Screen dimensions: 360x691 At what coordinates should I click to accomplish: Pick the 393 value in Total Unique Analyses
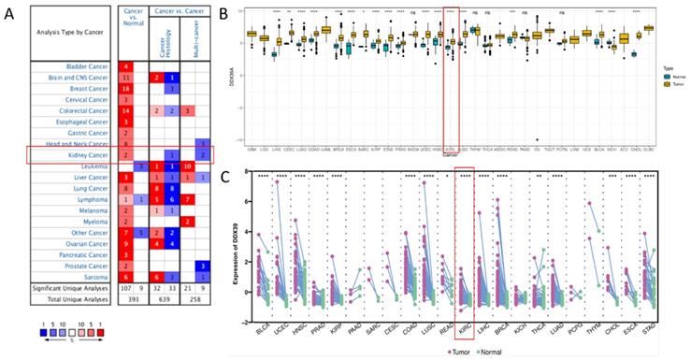pos(135,301)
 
